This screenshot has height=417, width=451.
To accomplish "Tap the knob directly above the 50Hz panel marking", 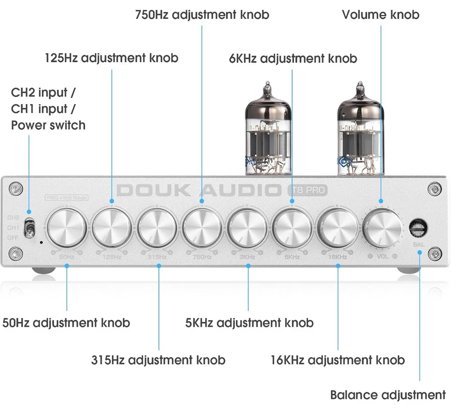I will tap(67, 228).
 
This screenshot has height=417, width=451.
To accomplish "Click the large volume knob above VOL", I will tap(382, 226).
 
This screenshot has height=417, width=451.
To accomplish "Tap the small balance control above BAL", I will tap(418, 228).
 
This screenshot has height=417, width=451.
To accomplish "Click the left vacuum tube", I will tap(267, 131).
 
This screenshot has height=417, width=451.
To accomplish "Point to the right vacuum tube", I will tap(359, 131).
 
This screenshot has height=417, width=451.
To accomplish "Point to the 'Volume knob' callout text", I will tap(380, 15).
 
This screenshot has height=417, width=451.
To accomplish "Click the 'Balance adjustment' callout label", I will tap(387, 395).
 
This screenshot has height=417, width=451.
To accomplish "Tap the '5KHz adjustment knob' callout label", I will tap(249, 323).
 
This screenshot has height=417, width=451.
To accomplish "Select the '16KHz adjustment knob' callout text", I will tap(337, 360).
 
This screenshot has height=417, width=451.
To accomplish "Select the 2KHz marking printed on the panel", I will tap(248, 257).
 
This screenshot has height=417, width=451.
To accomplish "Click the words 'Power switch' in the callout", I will tap(48, 125).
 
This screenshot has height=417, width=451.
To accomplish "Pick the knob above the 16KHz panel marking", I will tap(337, 228).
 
